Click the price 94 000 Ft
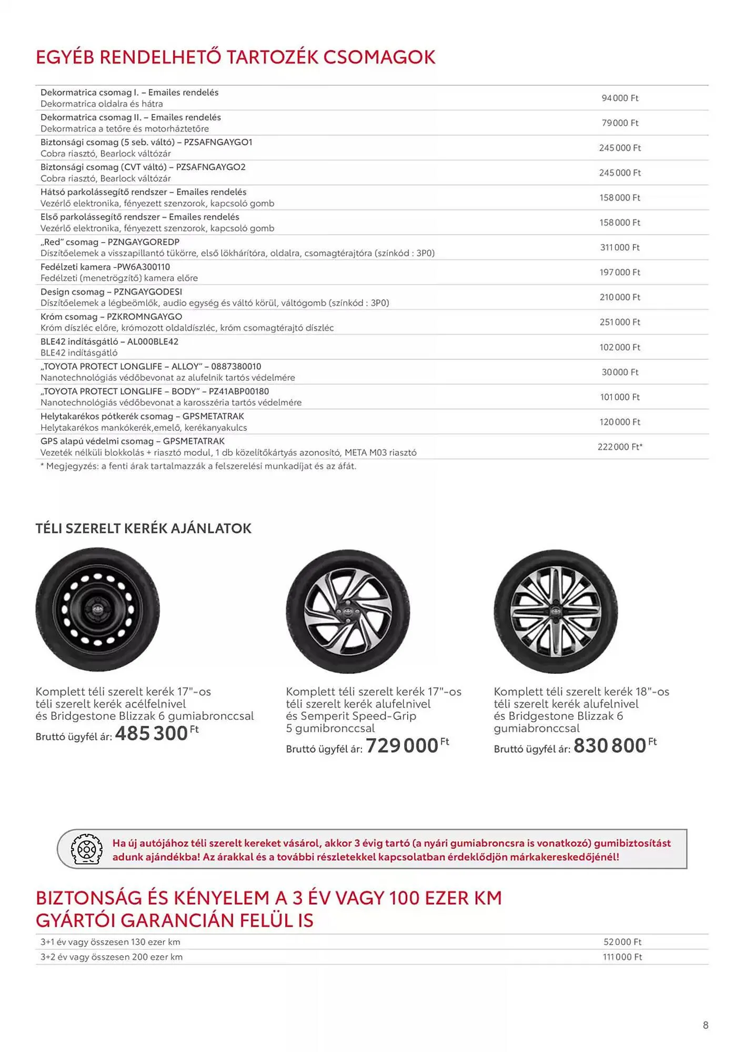pos(620,98)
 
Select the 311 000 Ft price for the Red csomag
pos(620,248)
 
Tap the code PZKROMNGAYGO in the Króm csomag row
pos(144,317)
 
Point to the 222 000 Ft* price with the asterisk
pos(620,447)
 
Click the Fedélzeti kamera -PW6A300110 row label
pos(105,267)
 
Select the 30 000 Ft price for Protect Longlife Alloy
pos(620,372)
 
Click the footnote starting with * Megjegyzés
pos(198,466)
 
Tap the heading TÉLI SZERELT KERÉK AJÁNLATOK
pos(143,529)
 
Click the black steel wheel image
pos(98,610)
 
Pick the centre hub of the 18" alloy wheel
pos(556,611)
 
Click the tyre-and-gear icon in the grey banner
pos(86,849)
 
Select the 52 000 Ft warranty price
pos(622,942)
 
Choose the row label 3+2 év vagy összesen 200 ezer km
pos(112,957)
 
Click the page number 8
pos(706,1025)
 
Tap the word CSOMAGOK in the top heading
pos(379,57)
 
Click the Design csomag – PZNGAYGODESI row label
pos(112,292)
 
